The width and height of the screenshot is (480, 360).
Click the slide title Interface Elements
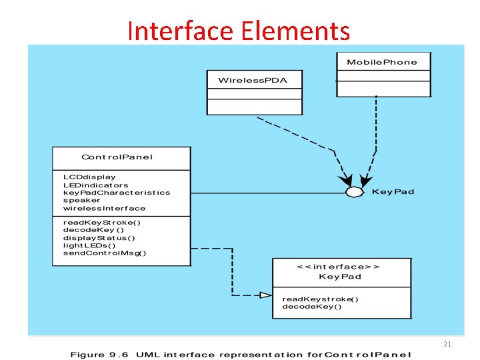coord(238,31)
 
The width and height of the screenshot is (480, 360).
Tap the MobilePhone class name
coord(382,62)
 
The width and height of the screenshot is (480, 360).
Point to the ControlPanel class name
coord(117,157)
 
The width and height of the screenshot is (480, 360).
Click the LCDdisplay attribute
coord(89,177)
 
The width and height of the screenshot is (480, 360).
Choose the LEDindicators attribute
coord(95,185)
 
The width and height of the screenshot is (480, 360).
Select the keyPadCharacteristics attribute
coord(117,193)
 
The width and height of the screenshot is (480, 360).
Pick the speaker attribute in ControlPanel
coord(81,200)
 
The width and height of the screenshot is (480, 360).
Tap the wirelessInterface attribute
coord(104,208)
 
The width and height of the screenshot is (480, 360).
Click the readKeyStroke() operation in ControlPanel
coord(102,222)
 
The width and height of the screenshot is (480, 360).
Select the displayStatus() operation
coord(99,237)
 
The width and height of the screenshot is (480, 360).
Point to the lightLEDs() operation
coord(89,245)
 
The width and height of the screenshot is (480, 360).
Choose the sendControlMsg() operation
coord(105,253)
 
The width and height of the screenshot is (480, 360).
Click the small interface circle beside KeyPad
coord(354,192)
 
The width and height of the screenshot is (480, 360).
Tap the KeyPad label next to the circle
coord(393,192)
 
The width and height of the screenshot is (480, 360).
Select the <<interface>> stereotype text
coord(339,266)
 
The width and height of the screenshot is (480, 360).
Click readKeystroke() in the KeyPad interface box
coord(320,299)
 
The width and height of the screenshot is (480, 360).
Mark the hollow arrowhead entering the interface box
coord(265,295)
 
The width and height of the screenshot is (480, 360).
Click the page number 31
coord(447,344)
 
